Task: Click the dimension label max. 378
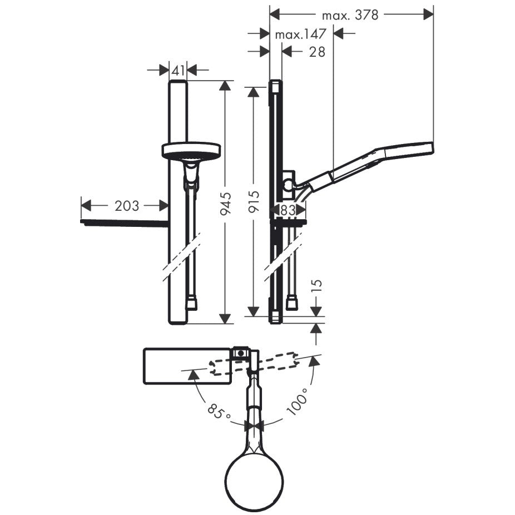(x=350, y=15)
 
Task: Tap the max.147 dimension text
(x=300, y=34)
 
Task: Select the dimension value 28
(x=317, y=52)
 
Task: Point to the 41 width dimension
(x=177, y=70)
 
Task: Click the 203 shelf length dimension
(x=127, y=206)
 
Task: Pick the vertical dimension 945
(x=225, y=204)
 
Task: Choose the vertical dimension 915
(x=254, y=202)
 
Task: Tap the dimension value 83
(x=288, y=210)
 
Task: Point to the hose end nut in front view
(x=191, y=304)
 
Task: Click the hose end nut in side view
(x=291, y=303)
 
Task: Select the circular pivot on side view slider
(x=289, y=186)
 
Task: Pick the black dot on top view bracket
(x=241, y=353)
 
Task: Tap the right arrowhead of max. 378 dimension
(x=428, y=14)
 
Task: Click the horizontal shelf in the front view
(x=125, y=223)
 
